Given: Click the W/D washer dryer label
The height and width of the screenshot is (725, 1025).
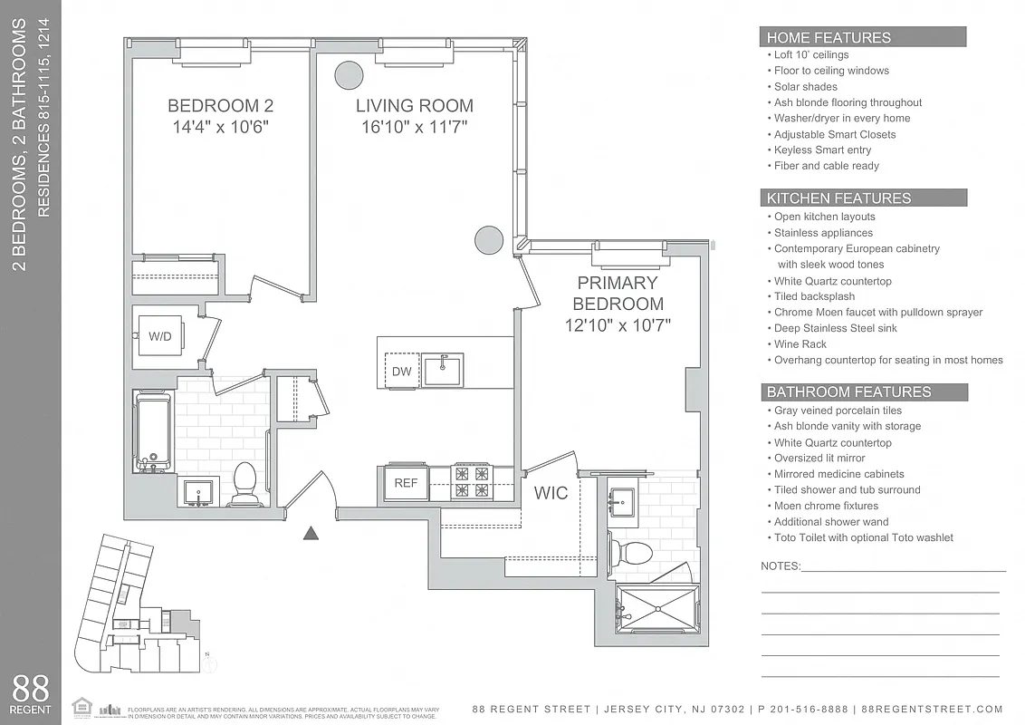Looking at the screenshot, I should click(x=160, y=336).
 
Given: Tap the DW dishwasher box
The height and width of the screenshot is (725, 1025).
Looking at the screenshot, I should click(x=401, y=372).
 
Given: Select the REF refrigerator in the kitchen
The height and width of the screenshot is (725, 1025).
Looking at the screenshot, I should click(x=406, y=483).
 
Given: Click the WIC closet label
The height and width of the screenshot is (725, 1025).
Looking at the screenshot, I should click(x=551, y=493).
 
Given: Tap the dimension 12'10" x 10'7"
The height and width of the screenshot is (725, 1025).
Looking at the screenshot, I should click(x=619, y=325).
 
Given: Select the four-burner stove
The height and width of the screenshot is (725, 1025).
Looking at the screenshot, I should click(x=471, y=481).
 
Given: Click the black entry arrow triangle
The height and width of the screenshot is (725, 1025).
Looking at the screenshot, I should click(x=311, y=533).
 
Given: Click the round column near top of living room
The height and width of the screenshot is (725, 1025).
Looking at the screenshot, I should click(x=348, y=74).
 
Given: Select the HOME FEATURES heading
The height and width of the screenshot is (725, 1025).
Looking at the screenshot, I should click(x=829, y=37).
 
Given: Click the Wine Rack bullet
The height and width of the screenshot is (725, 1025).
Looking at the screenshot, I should click(x=800, y=344).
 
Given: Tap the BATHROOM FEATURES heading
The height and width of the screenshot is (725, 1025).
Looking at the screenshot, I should click(x=848, y=392).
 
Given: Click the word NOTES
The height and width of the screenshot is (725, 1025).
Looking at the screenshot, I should click(x=781, y=566).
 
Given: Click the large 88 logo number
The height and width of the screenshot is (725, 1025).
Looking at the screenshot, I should click(x=32, y=688).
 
